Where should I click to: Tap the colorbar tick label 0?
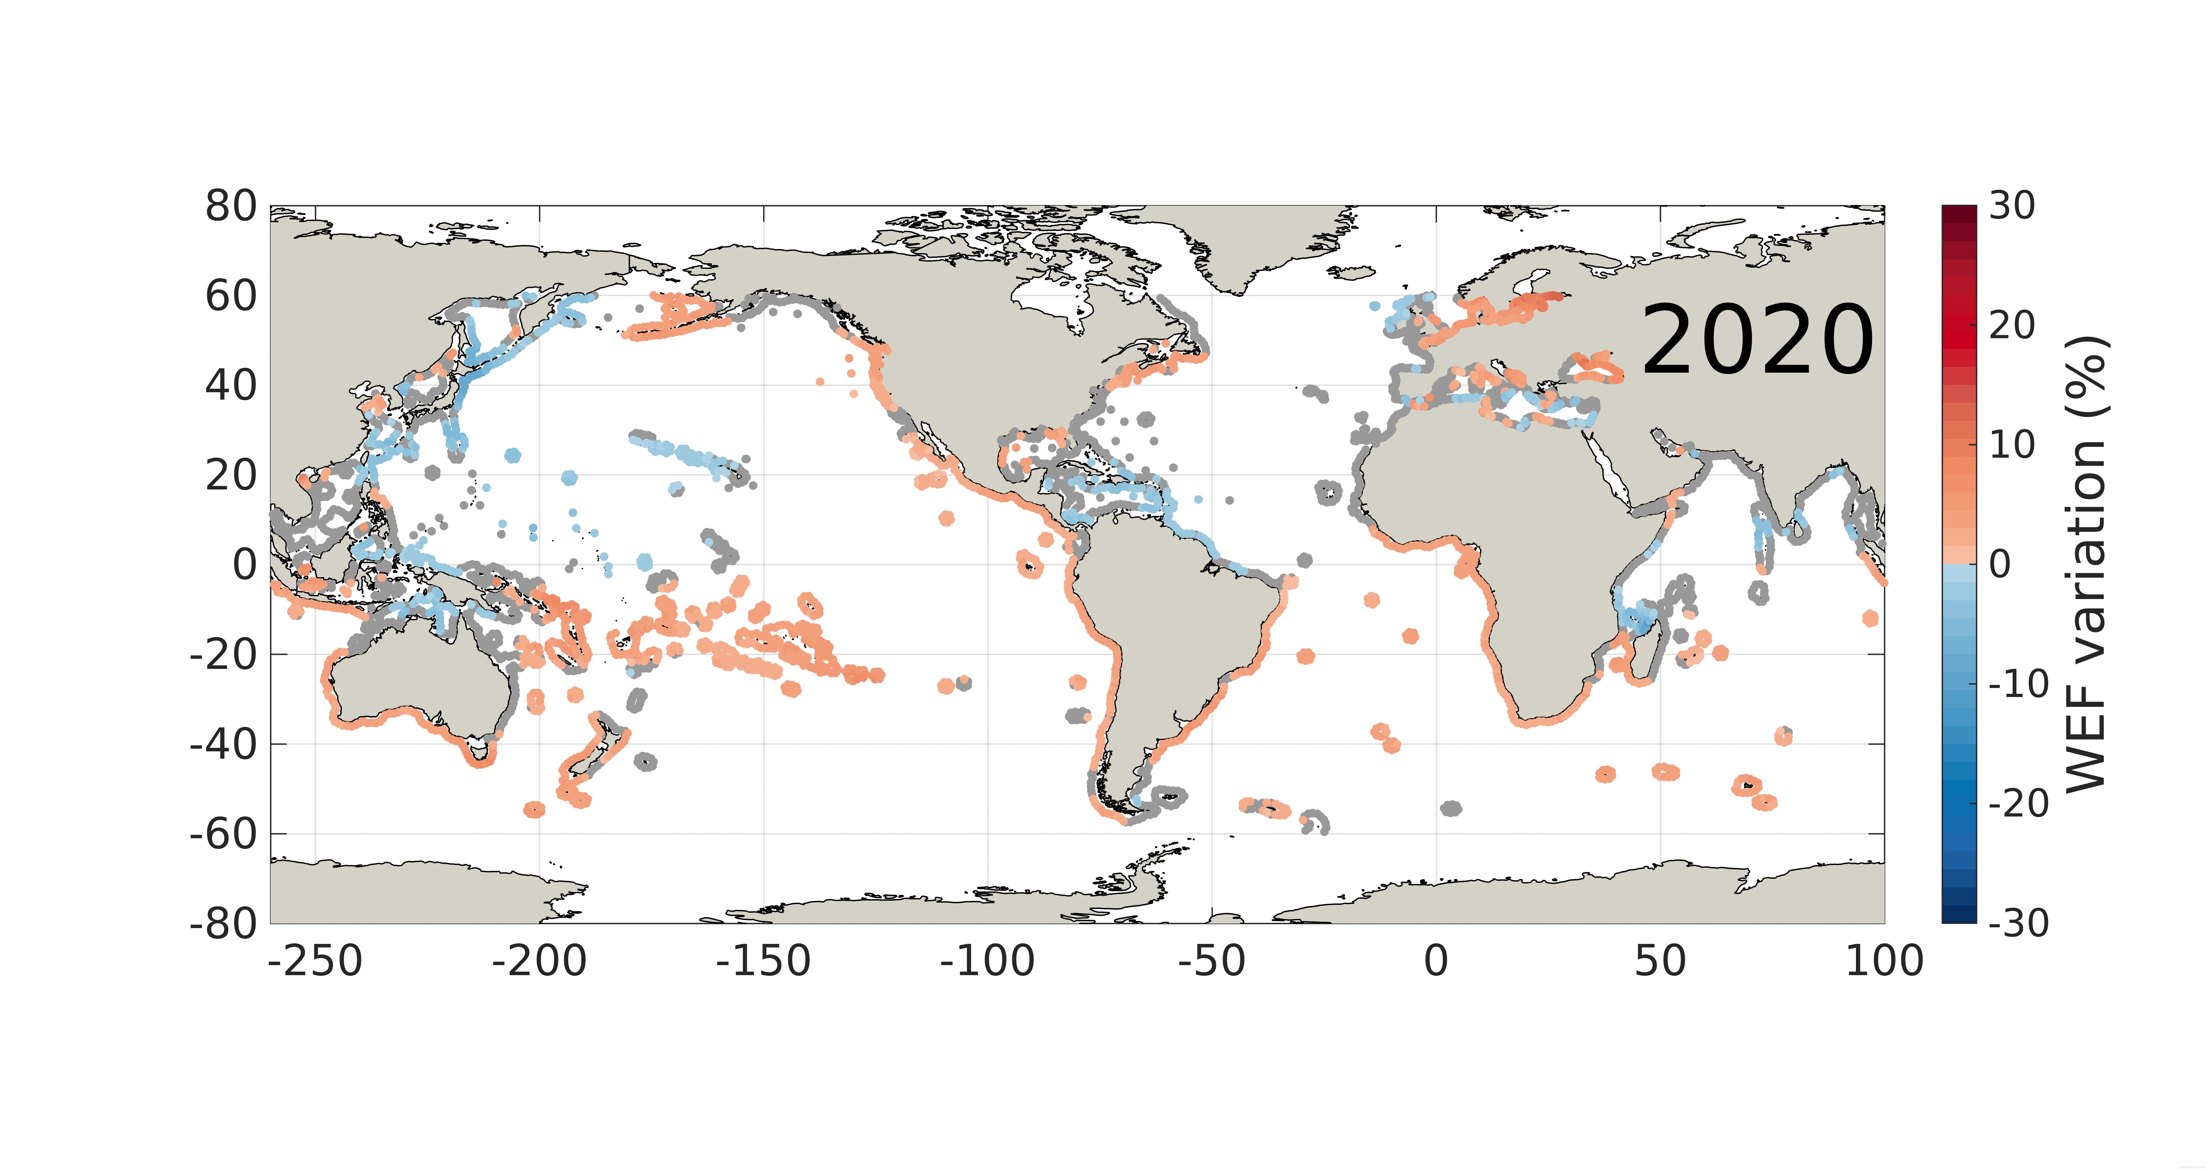pos(2000,564)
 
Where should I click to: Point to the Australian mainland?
pos(420,678)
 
